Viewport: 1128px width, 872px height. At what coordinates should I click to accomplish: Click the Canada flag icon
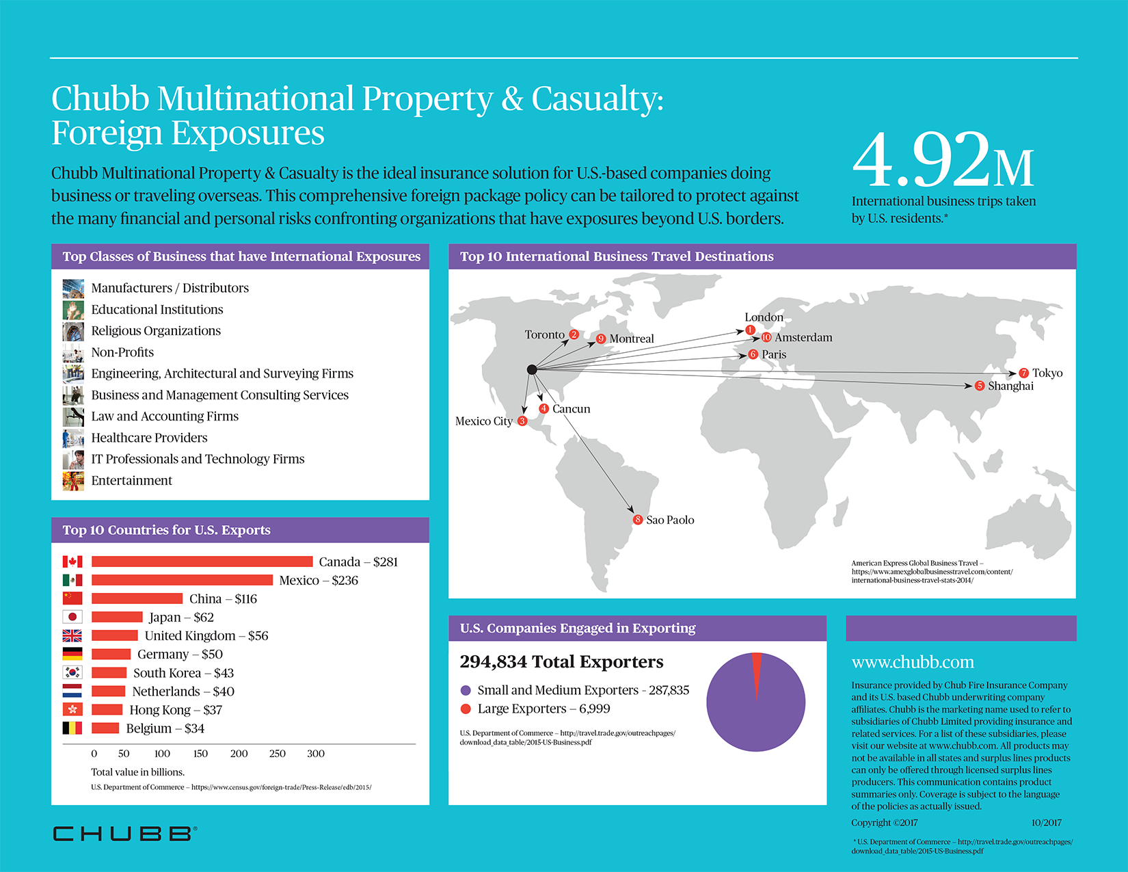tap(72, 561)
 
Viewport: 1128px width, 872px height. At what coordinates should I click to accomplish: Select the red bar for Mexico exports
tap(182, 580)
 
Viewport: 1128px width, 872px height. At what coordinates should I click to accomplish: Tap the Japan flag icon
tap(72, 617)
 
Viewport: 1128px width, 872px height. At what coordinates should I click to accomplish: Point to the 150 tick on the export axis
tap(200, 754)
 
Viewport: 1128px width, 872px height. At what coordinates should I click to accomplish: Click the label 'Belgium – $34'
tap(165, 728)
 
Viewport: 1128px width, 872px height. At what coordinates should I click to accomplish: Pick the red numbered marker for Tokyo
tap(1023, 373)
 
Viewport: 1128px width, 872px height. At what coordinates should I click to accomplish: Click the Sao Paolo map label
tap(670, 520)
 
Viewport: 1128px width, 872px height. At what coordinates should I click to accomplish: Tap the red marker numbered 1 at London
tap(750, 330)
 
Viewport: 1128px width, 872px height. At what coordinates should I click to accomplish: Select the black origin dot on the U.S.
tap(532, 369)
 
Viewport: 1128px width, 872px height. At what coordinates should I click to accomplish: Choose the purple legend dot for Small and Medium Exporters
tap(466, 691)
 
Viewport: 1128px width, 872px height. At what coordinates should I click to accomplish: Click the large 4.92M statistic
tap(943, 161)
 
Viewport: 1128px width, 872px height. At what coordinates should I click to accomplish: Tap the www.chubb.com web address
tap(913, 662)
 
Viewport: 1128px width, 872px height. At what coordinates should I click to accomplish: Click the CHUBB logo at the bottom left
tap(125, 833)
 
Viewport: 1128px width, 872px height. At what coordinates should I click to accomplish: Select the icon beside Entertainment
tap(72, 481)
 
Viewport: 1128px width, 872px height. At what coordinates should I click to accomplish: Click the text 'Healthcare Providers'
tap(149, 438)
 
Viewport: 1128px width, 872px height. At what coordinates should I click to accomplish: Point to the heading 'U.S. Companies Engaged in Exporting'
tap(578, 628)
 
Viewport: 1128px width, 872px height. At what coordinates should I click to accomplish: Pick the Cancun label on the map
tap(571, 409)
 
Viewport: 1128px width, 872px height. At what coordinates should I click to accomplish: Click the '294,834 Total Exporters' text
tap(561, 661)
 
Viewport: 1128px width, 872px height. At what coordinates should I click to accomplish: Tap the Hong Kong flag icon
tap(72, 709)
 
